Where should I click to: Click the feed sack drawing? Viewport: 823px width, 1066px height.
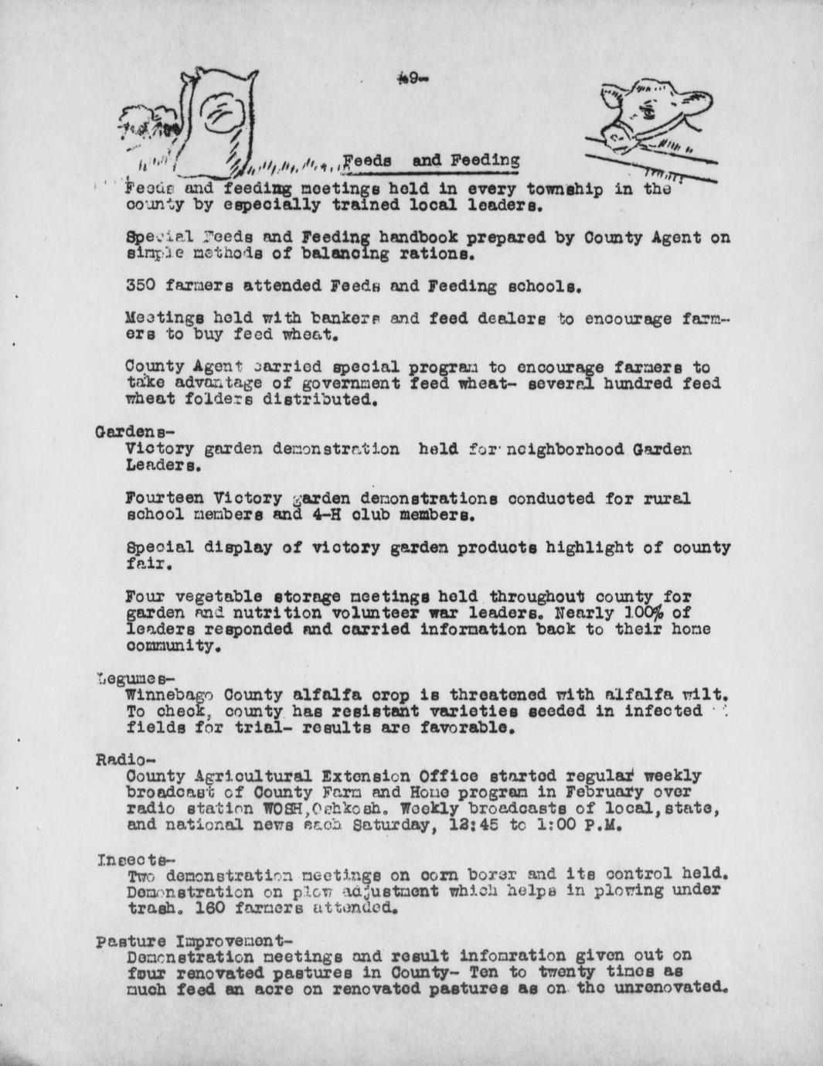[x=219, y=120]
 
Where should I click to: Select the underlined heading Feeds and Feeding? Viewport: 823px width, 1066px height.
[x=431, y=161]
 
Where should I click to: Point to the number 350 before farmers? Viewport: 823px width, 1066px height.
[x=140, y=286]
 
